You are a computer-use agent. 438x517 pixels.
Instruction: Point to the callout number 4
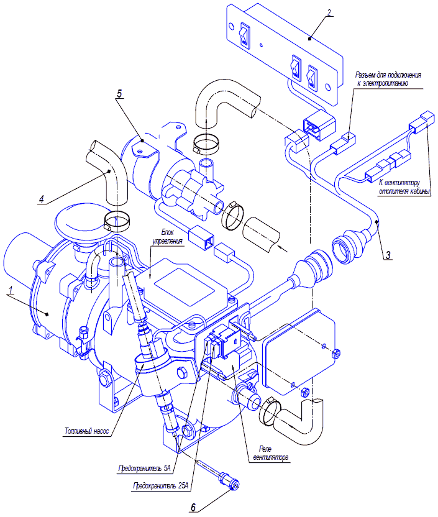coord(41,199)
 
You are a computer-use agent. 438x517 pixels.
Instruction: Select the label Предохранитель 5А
coord(147,466)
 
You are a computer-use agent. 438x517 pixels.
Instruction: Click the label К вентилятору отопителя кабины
coord(404,187)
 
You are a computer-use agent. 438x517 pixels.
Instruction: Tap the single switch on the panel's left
coord(245,36)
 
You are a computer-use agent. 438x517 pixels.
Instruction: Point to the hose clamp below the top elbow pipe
coord(208,144)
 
